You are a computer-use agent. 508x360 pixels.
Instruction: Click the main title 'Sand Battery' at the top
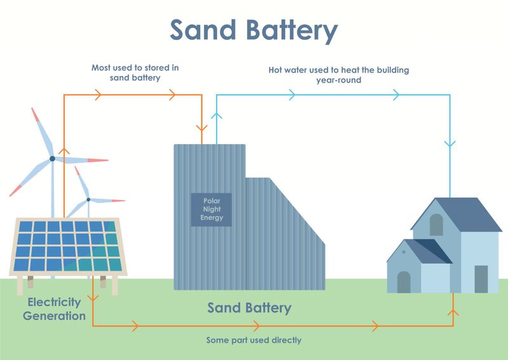(253, 30)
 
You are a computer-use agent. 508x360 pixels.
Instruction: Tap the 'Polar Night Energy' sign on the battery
(211, 210)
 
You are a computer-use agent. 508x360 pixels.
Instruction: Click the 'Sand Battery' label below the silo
(249, 308)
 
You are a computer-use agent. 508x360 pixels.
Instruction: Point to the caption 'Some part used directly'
(253, 340)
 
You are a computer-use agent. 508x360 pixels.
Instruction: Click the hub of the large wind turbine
(52, 159)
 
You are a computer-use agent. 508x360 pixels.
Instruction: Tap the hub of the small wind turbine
(88, 200)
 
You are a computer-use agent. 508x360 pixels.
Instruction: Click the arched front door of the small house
(404, 282)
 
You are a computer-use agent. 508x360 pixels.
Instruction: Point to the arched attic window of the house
(436, 224)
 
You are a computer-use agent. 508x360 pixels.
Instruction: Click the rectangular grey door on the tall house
(481, 279)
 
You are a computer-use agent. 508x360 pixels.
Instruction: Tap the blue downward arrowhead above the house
(450, 143)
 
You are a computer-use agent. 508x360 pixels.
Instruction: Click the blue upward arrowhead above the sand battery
(217, 116)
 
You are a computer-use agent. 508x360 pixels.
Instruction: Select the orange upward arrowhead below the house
(453, 312)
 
